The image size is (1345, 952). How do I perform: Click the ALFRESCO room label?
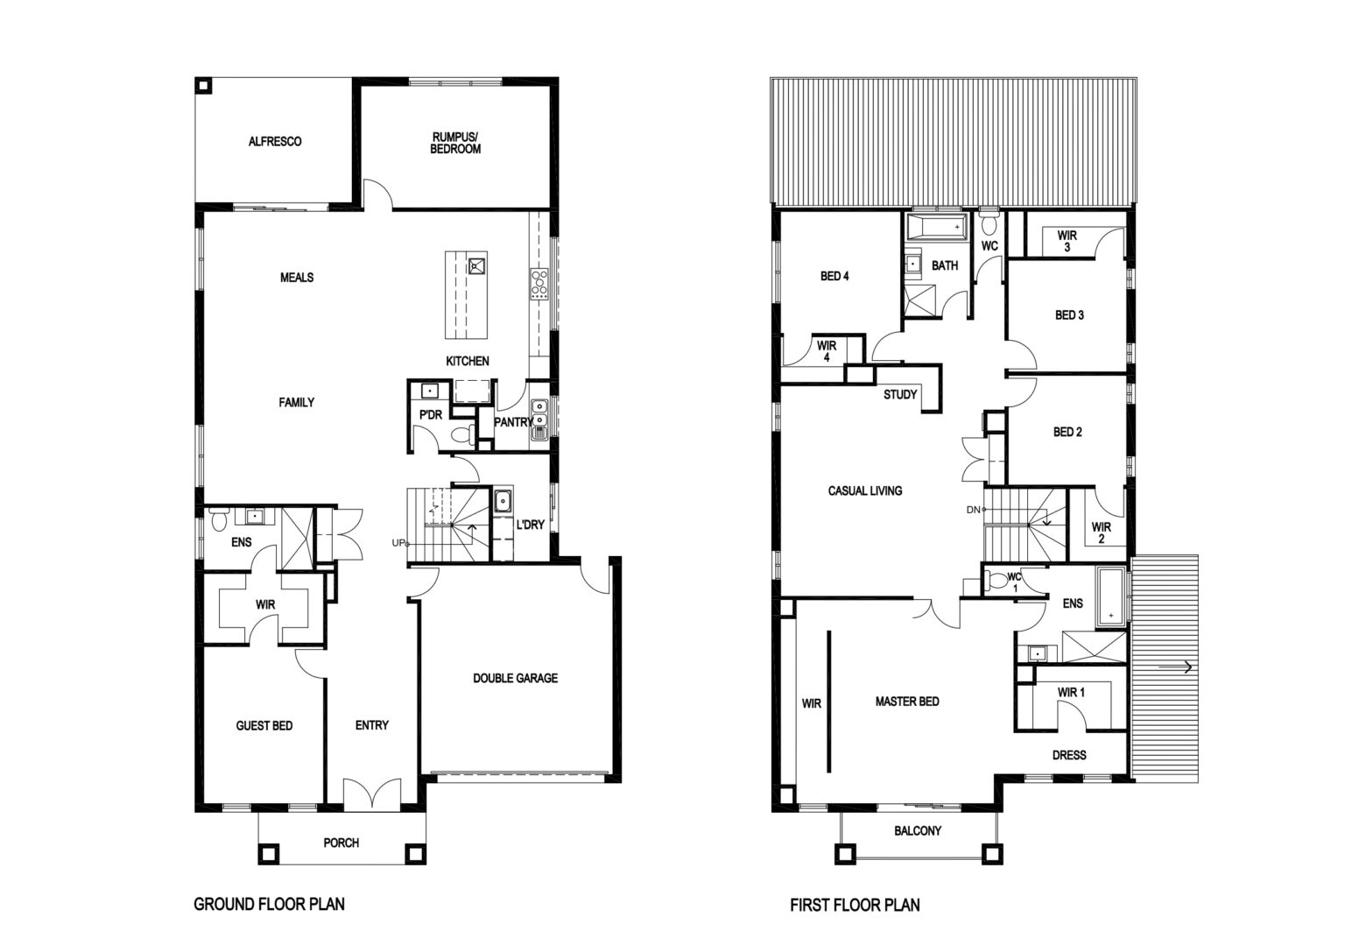point(275,142)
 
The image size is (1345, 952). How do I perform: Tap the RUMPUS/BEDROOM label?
point(455,143)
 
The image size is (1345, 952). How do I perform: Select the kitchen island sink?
point(477,264)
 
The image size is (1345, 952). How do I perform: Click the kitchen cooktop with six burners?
point(539,284)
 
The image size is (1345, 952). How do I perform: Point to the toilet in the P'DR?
point(463,434)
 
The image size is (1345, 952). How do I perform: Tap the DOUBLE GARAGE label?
point(515,678)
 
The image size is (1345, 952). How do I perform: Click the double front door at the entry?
point(371,793)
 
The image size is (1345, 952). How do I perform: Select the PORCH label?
point(341,843)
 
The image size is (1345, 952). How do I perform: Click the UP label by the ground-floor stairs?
point(398,543)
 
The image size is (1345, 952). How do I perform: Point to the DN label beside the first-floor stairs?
point(974,510)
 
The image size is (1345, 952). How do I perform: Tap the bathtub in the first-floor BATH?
point(936,228)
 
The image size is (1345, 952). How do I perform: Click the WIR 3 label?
point(1067,241)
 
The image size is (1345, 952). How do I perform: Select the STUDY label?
point(900,395)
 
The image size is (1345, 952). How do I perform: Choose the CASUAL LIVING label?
point(864,490)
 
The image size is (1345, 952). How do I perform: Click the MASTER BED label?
point(906,701)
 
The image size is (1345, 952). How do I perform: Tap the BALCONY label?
point(918,830)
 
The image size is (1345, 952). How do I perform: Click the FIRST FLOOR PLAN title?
point(855,906)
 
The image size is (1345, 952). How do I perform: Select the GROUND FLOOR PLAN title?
point(269,904)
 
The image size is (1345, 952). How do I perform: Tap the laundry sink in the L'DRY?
point(503,501)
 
